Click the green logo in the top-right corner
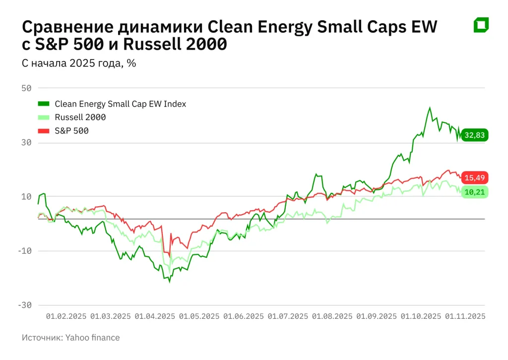pyautogui.click(x=481, y=25)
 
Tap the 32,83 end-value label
pyautogui.click(x=475, y=135)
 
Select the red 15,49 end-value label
pyautogui.click(x=475, y=178)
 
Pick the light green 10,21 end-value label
pyautogui.click(x=475, y=192)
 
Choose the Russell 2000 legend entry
pyautogui.click(x=80, y=118)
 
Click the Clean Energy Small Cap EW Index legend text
pyautogui.click(x=120, y=104)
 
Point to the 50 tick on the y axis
pyautogui.click(x=26, y=88)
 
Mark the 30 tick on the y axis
pyautogui.click(x=26, y=143)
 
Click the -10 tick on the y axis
pyautogui.click(x=24, y=251)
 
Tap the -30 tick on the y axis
pyautogui.click(x=24, y=305)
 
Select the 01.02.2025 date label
pyautogui.click(x=66, y=316)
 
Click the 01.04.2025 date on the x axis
pyautogui.click(x=155, y=316)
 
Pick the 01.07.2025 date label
pyautogui.click(x=288, y=316)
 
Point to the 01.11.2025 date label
pyautogui.click(x=465, y=316)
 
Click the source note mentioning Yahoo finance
pyautogui.click(x=71, y=338)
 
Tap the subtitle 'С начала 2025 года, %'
pyautogui.click(x=79, y=63)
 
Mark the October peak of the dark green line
pyautogui.click(x=430, y=108)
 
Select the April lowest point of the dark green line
pyautogui.click(x=169, y=282)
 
